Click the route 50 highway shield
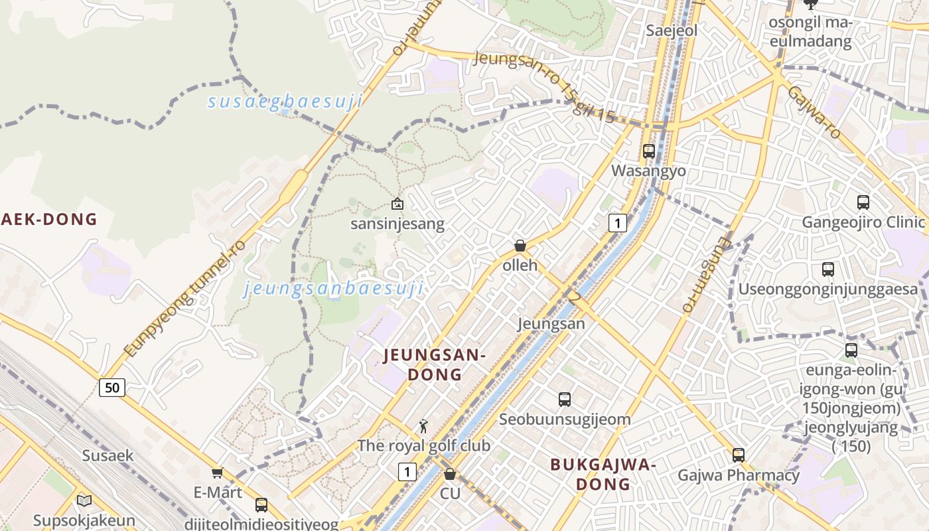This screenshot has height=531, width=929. [x=112, y=387]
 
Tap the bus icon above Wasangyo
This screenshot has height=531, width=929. [x=649, y=151]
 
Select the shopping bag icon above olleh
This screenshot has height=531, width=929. [x=520, y=246]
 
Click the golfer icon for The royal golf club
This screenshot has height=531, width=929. [x=423, y=426]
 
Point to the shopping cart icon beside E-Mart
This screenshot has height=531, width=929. [x=217, y=473]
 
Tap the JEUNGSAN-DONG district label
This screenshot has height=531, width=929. [x=435, y=365]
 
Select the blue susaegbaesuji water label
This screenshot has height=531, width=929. [x=285, y=102]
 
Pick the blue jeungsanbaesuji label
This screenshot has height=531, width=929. [x=334, y=289]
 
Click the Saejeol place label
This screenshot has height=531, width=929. [x=672, y=31]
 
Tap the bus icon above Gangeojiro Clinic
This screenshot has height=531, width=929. [x=863, y=202]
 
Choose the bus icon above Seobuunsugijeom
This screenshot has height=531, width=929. [x=565, y=400]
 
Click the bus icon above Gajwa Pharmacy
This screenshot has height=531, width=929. [x=739, y=455]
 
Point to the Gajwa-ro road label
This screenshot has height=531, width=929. [x=814, y=112]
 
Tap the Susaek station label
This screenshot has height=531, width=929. [x=107, y=455]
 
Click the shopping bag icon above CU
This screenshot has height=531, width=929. [x=450, y=474]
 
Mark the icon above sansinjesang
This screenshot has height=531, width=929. [x=397, y=204]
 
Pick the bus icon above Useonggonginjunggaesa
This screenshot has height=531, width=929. [x=828, y=269]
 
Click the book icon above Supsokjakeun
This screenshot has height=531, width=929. [x=84, y=500]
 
